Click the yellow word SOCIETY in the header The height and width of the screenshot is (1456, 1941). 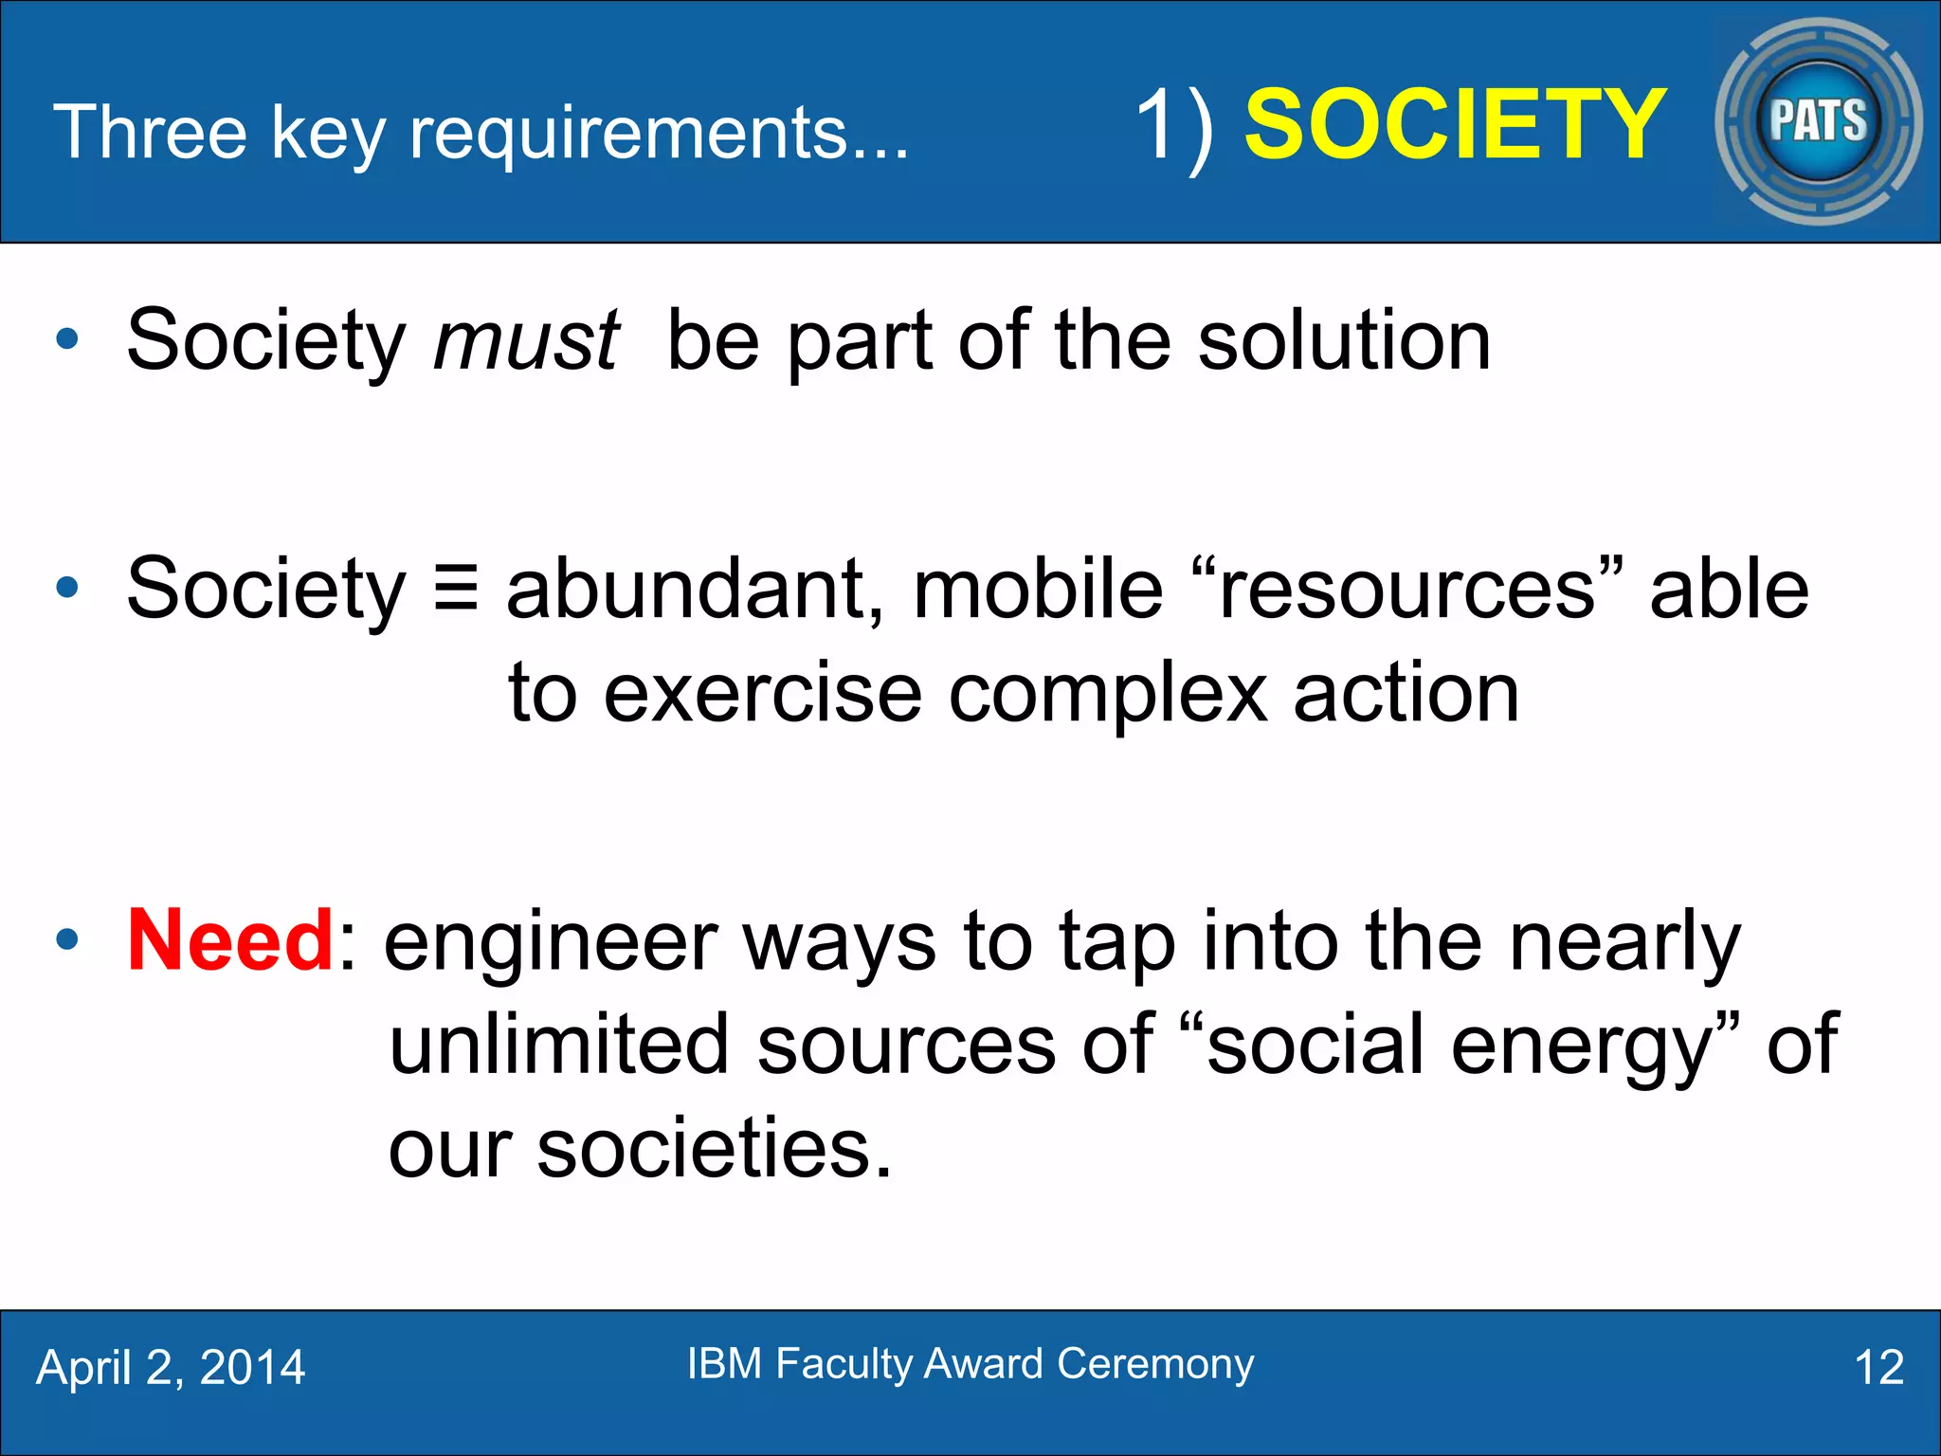pyautogui.click(x=1454, y=125)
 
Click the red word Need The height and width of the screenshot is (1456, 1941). pyautogui.click(x=230, y=940)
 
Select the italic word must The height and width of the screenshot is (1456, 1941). pyautogui.click(x=526, y=340)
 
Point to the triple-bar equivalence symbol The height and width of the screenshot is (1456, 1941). pyautogui.click(x=456, y=589)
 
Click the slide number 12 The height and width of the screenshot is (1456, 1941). pyautogui.click(x=1878, y=1368)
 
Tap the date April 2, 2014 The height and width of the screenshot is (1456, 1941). pyautogui.click(x=171, y=1368)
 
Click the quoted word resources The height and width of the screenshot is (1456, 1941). pyautogui.click(x=1406, y=589)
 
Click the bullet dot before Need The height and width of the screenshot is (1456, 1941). pyautogui.click(x=67, y=940)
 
